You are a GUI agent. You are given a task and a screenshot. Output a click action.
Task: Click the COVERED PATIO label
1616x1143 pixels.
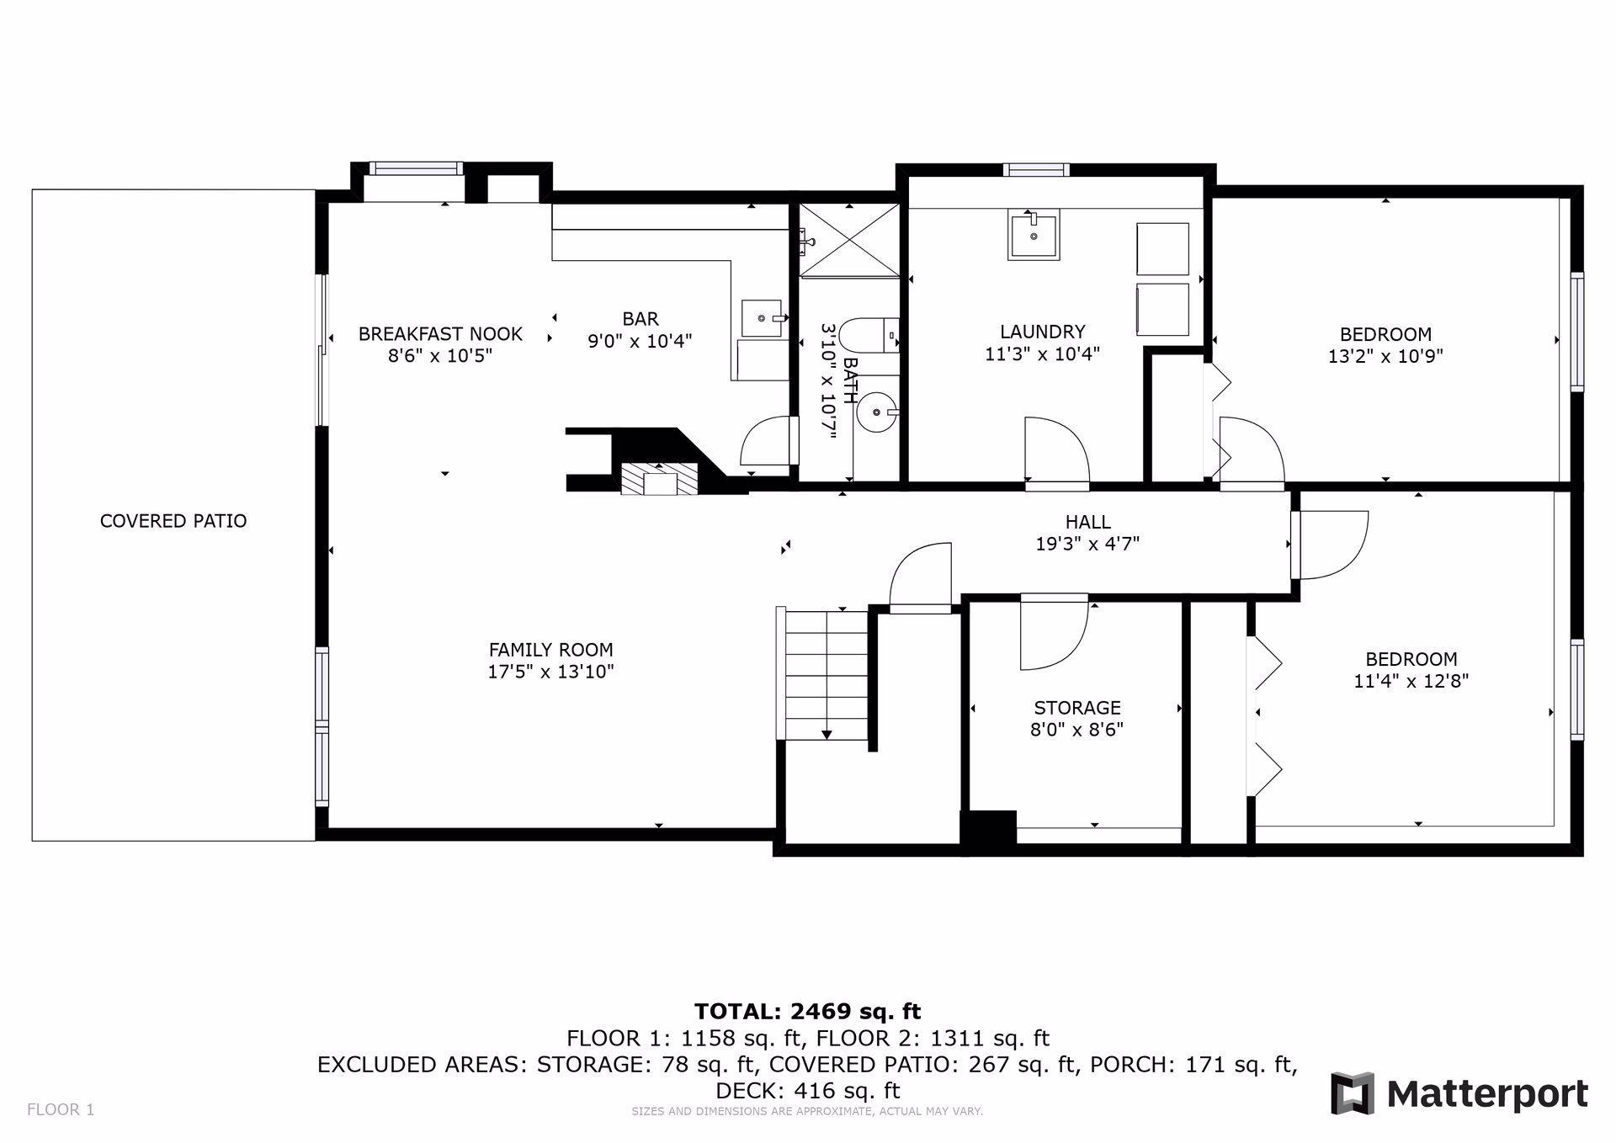point(173,521)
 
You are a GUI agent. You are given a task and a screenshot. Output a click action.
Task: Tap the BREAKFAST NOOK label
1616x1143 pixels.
point(440,334)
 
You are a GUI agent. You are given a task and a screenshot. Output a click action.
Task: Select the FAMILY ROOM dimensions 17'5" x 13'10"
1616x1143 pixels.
point(550,672)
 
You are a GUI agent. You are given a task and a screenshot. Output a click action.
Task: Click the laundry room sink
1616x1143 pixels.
point(1034,236)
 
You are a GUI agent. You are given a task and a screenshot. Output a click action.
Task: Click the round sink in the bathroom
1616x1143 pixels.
point(877,412)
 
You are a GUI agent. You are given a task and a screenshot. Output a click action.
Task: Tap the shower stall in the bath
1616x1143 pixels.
point(849,240)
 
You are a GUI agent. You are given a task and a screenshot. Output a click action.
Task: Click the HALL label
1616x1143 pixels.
point(1087,522)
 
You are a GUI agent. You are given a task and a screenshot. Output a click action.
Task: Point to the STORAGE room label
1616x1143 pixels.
point(1077,708)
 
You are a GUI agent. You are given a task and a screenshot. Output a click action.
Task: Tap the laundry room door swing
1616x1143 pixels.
point(1057,453)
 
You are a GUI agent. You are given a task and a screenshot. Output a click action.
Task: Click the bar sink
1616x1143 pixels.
point(763,318)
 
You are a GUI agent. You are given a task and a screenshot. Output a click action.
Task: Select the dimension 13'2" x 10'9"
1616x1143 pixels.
point(1385,356)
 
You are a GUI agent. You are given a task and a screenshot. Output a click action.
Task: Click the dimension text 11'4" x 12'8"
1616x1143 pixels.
point(1411,681)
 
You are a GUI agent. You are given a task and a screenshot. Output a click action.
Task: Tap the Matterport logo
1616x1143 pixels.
point(1459,1093)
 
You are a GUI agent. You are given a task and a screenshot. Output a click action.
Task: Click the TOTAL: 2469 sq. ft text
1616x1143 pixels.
point(807,1011)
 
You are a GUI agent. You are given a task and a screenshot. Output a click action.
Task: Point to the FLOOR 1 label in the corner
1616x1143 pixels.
point(61,1109)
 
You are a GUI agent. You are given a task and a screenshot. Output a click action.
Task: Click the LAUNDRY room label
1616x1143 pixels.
point(1042,332)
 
